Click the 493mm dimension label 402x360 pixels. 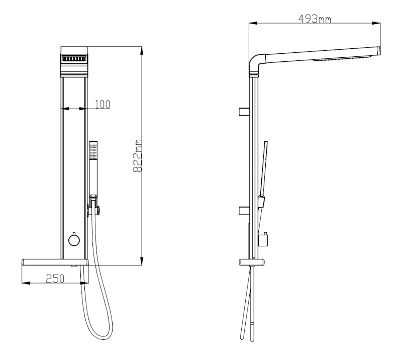(315, 19)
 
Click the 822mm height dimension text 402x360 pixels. (137, 156)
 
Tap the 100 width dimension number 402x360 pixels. (103, 104)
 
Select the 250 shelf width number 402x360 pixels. (55, 279)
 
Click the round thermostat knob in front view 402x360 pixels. (74, 240)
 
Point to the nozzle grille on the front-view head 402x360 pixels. (74, 59)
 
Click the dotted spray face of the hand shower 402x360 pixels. (93, 152)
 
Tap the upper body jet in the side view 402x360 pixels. (244, 112)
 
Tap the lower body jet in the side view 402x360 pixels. (244, 210)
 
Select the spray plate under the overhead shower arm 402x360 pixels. (342, 58)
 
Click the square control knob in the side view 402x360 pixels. (263, 239)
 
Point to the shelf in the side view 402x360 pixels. (252, 262)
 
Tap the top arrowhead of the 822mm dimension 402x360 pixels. (142, 51)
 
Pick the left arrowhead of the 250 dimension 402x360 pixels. (26, 283)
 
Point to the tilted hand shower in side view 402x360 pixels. (263, 174)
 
